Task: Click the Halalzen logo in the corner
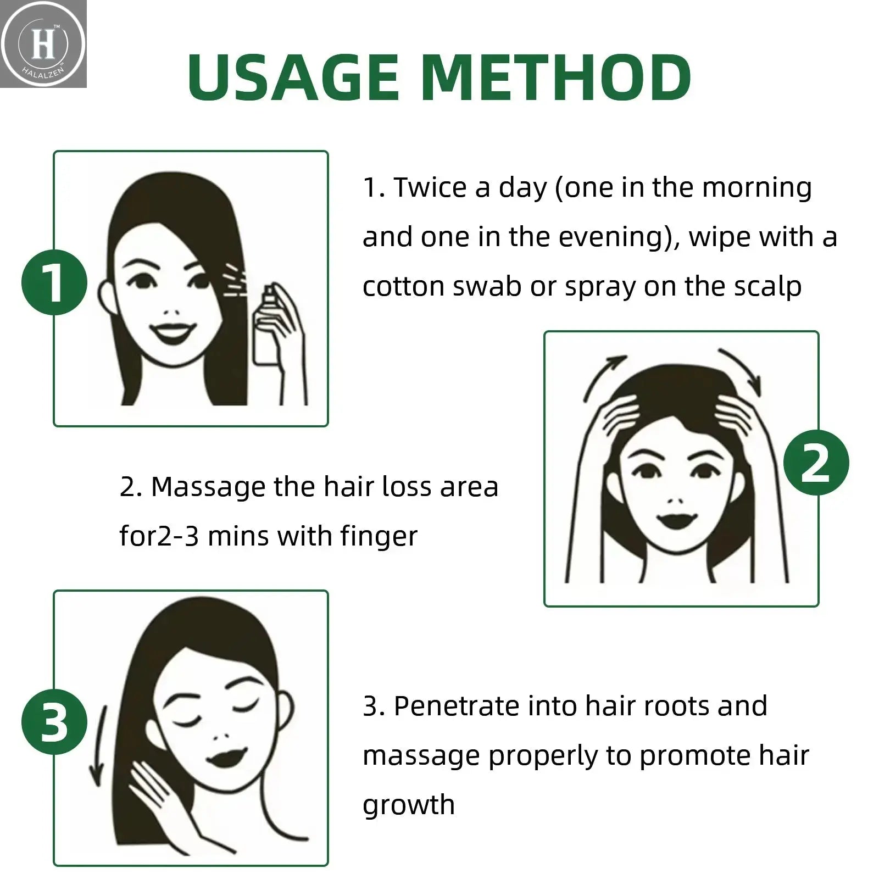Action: [x=43, y=44]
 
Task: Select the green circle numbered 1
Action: [x=54, y=282]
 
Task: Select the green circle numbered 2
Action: [x=815, y=463]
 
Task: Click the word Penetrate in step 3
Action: [x=456, y=706]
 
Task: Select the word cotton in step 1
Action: [x=404, y=287]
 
